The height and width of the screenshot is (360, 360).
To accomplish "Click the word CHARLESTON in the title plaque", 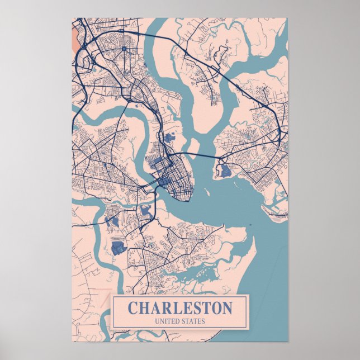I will pyautogui.click(x=179, y=308).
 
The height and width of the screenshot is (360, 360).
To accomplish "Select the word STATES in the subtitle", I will pyautogui.click(x=193, y=321).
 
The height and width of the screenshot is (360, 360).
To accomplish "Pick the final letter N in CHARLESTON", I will pyautogui.click(x=226, y=308).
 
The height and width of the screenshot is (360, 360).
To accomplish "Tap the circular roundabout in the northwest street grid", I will pyautogui.click(x=124, y=49).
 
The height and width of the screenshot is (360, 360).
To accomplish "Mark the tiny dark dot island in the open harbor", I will pyautogui.click(x=250, y=226).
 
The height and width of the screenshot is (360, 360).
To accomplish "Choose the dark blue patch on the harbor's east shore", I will pyautogui.click(x=225, y=171).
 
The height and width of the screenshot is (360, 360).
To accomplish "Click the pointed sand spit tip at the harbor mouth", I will pyautogui.click(x=254, y=238).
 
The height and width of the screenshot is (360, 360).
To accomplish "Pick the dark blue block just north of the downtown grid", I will pyautogui.click(x=169, y=136).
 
